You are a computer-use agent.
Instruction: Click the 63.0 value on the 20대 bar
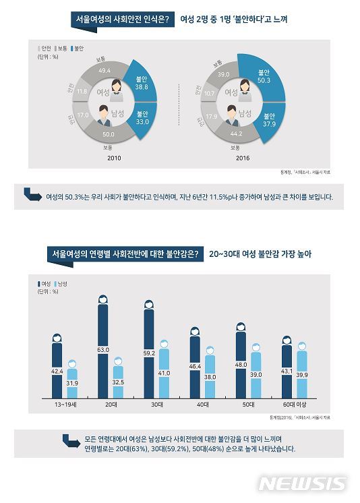click(x=103, y=350)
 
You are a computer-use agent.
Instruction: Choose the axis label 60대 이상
click(x=294, y=405)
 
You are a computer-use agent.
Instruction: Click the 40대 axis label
click(x=202, y=405)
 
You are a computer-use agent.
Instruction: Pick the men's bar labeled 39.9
click(x=301, y=375)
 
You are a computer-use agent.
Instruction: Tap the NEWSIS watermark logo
click(x=302, y=484)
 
